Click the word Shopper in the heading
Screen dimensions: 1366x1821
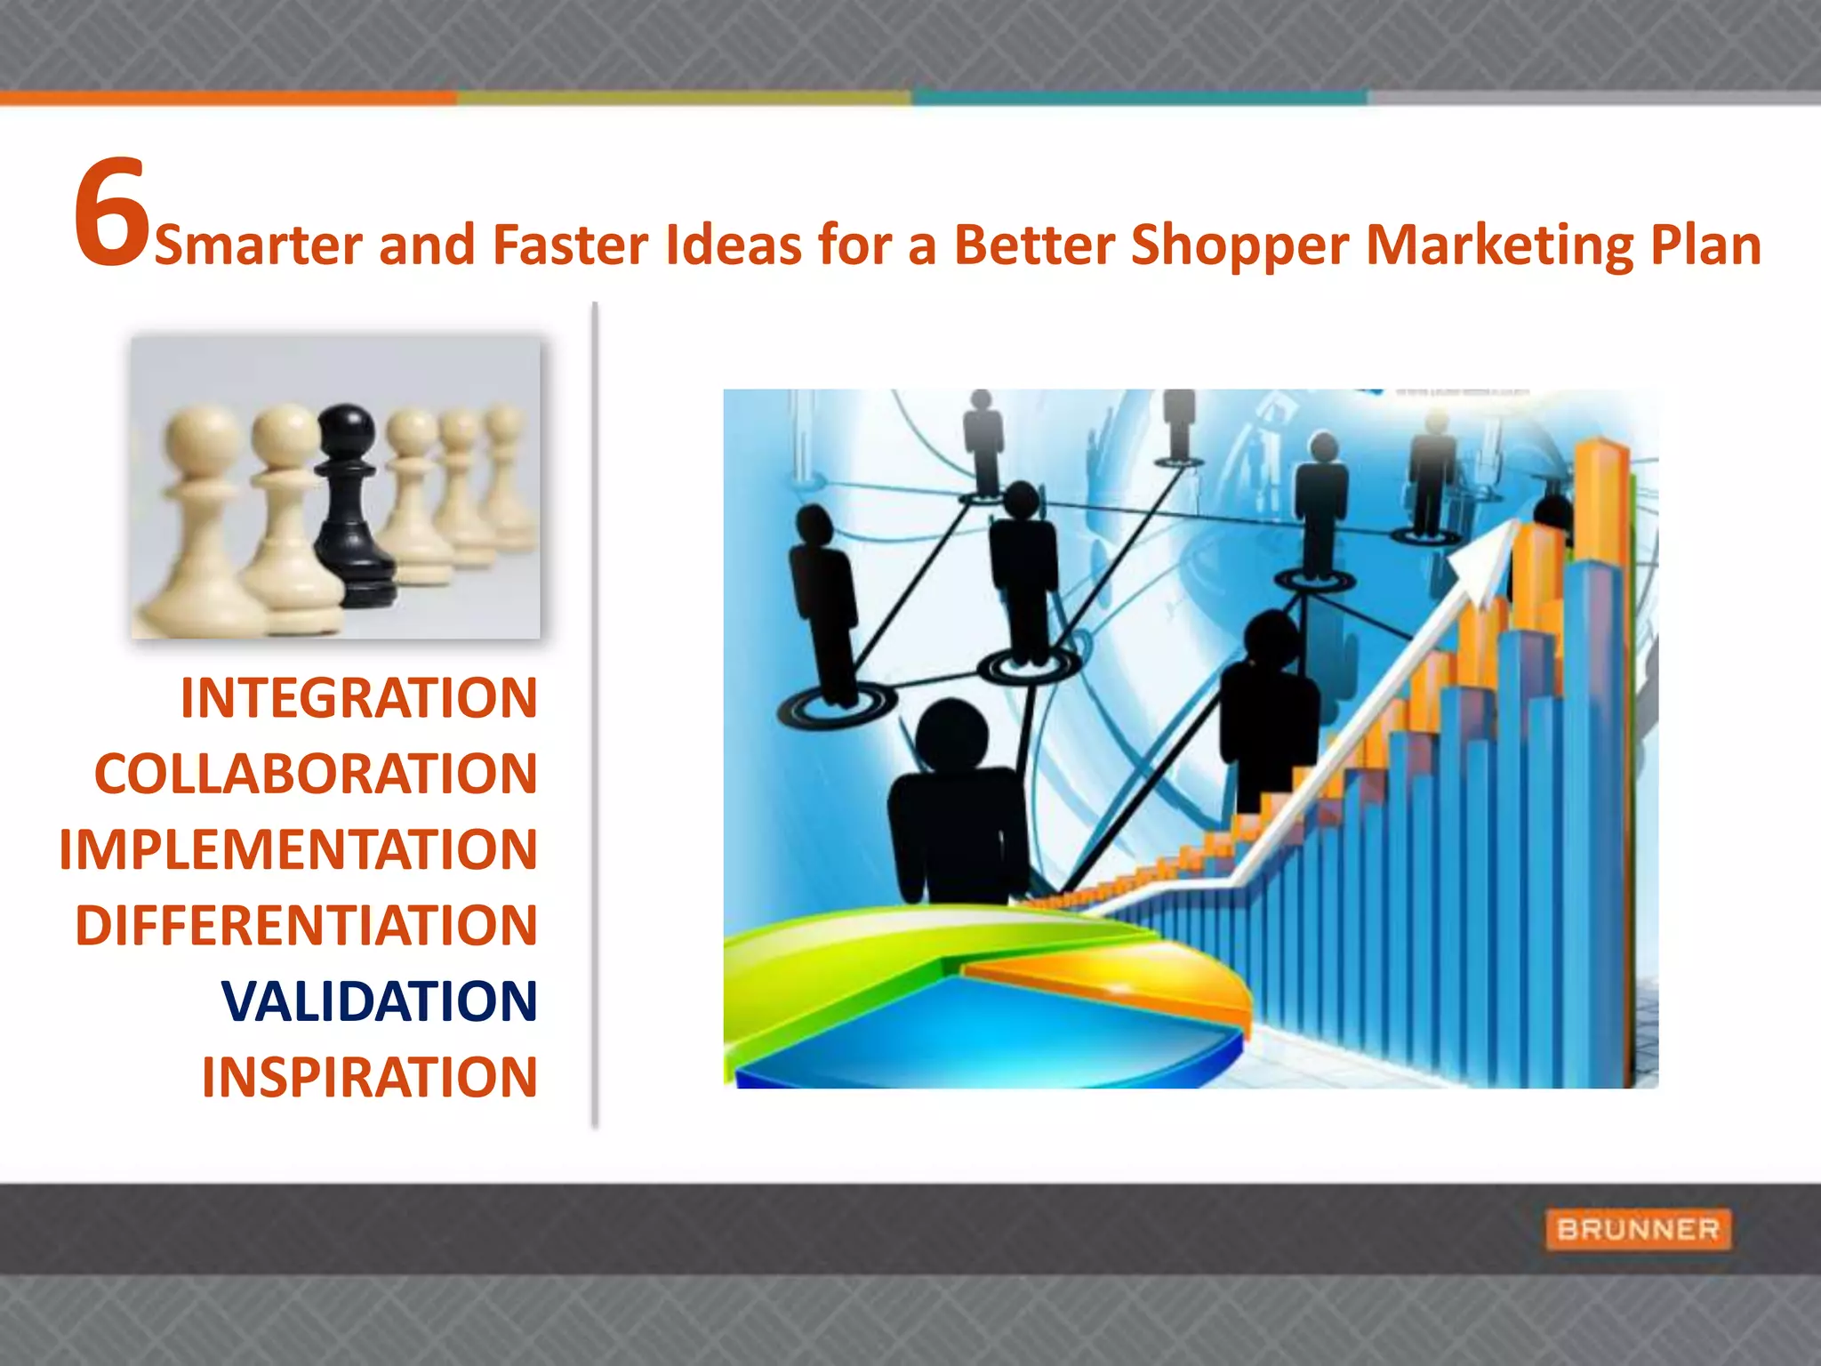point(1239,245)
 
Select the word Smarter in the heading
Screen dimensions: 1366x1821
point(258,245)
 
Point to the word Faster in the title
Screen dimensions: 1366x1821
point(569,245)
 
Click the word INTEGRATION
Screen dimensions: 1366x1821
point(359,698)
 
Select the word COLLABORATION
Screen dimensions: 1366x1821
point(316,774)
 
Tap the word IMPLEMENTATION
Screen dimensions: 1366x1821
point(298,849)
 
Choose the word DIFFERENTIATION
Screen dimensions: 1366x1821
point(306,925)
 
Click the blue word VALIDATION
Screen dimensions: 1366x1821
point(379,1001)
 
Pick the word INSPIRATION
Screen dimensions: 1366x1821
point(369,1077)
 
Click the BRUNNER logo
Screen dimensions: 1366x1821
point(1638,1229)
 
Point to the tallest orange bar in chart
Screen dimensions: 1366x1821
point(1600,498)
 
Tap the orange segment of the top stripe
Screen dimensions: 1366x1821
point(227,97)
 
